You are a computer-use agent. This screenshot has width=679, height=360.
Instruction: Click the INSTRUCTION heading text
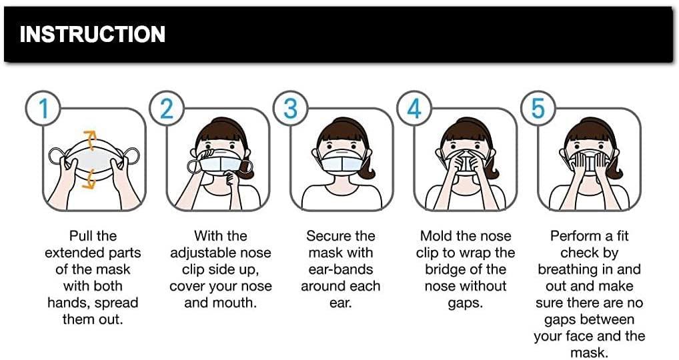tap(92, 34)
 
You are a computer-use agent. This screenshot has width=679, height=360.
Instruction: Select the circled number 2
tap(167, 108)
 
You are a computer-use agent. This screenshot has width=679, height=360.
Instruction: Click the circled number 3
tap(290, 108)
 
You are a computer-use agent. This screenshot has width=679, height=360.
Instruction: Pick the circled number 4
tap(414, 108)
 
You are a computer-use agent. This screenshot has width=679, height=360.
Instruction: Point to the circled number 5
tap(538, 108)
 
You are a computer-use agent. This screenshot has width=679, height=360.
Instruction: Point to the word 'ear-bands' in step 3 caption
tap(340, 270)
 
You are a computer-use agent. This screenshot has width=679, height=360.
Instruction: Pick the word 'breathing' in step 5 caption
tap(568, 270)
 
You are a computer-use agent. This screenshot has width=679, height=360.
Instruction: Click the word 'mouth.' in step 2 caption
tap(235, 303)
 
